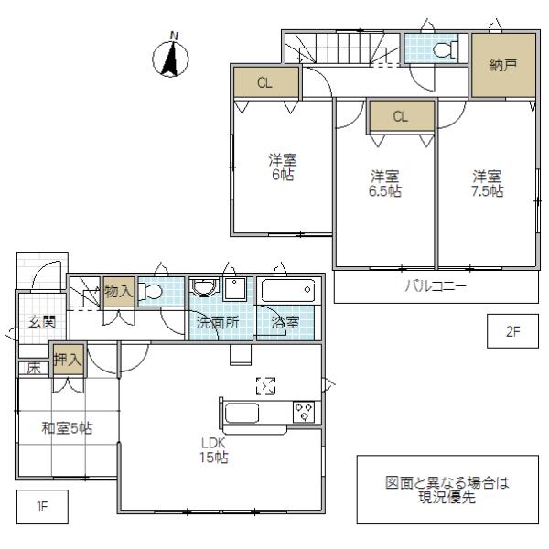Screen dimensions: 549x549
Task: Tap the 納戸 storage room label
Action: (x=502, y=66)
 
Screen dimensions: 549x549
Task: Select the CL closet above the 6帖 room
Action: (x=264, y=83)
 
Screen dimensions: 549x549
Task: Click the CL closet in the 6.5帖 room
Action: (x=400, y=116)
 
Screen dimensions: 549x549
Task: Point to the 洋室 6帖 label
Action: (x=282, y=166)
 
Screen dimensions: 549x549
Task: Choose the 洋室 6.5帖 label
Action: (x=385, y=183)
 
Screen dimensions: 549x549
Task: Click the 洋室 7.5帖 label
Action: (x=488, y=183)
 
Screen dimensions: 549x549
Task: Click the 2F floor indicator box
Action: (x=512, y=332)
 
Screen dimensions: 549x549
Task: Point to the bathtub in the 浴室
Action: (x=287, y=292)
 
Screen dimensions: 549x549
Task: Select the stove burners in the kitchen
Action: (x=304, y=412)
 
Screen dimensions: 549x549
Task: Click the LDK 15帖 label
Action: (x=217, y=449)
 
